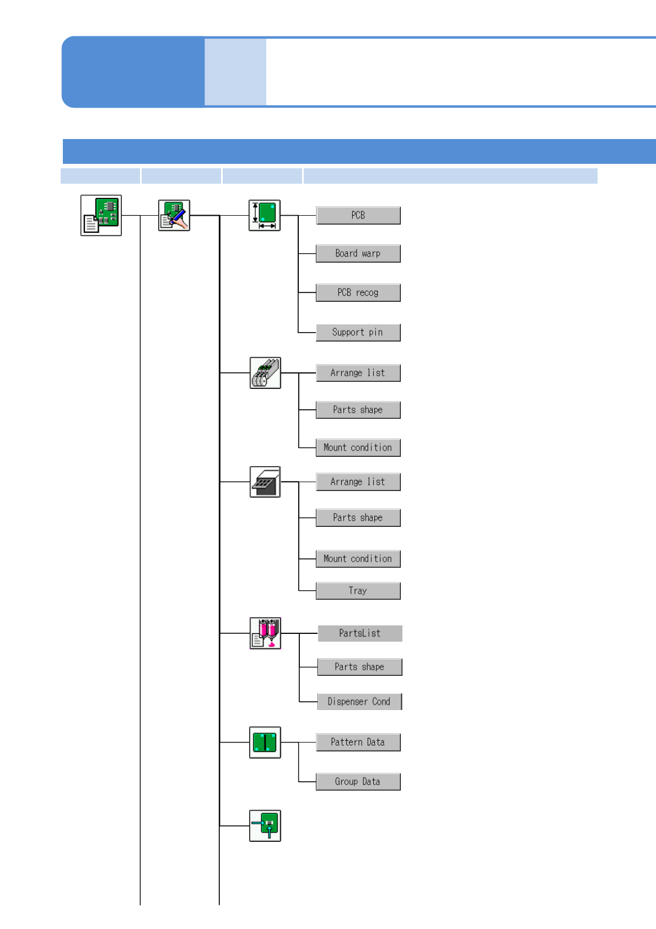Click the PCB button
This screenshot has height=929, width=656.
(x=358, y=215)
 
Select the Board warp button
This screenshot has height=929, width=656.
(x=358, y=254)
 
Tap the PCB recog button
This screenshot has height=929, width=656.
(x=358, y=292)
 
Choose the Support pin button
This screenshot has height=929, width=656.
(x=358, y=332)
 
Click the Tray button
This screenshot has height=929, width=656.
(x=358, y=591)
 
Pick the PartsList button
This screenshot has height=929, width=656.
(x=359, y=633)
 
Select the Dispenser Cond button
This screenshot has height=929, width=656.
(x=359, y=702)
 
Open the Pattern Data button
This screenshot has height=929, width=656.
(x=358, y=743)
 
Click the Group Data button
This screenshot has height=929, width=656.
(x=358, y=782)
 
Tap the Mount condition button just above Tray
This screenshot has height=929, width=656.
(x=358, y=559)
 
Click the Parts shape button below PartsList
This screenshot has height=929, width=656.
(x=359, y=667)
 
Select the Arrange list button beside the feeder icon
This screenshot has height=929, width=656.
(x=358, y=373)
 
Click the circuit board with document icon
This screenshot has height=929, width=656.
(x=101, y=215)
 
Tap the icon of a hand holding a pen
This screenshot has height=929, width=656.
(x=174, y=215)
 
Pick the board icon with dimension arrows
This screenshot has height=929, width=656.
(x=265, y=215)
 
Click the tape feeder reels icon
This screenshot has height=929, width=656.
(x=265, y=373)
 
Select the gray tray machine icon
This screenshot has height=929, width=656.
(x=265, y=482)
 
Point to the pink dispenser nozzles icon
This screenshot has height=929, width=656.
(x=265, y=633)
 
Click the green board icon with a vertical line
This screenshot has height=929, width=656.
(x=265, y=743)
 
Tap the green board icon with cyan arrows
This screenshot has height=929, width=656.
(x=265, y=826)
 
